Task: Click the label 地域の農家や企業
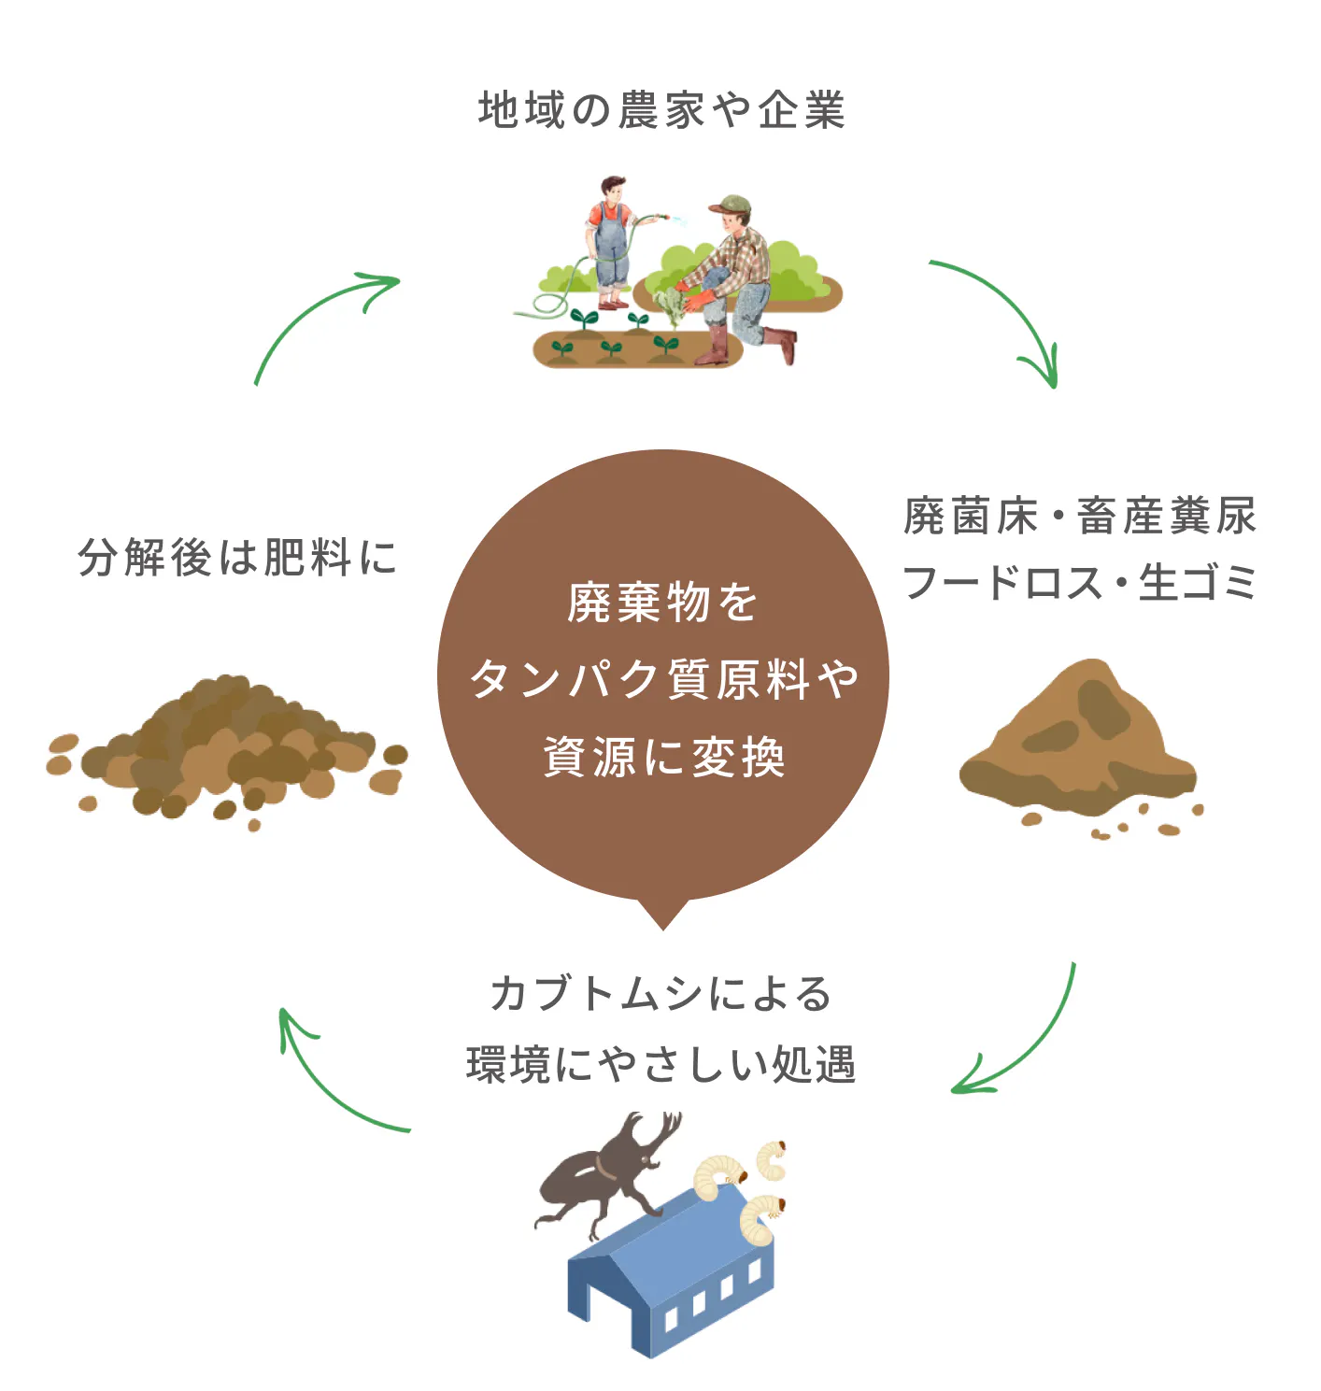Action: pos(661,110)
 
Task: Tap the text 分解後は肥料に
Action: pos(238,558)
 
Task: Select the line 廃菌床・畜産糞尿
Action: pos(1080,517)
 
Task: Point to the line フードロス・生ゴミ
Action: pos(1080,583)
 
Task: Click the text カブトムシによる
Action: pos(660,993)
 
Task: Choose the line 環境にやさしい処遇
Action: pos(660,1064)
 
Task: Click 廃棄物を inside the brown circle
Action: pos(662,603)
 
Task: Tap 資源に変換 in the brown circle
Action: pos(663,757)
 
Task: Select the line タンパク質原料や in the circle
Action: pos(663,679)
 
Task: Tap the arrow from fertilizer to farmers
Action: pos(313,313)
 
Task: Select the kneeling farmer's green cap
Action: pos(732,204)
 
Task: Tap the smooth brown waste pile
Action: pos(1079,743)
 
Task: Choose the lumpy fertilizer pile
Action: pos(229,747)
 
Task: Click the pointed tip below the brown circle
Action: pos(662,920)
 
